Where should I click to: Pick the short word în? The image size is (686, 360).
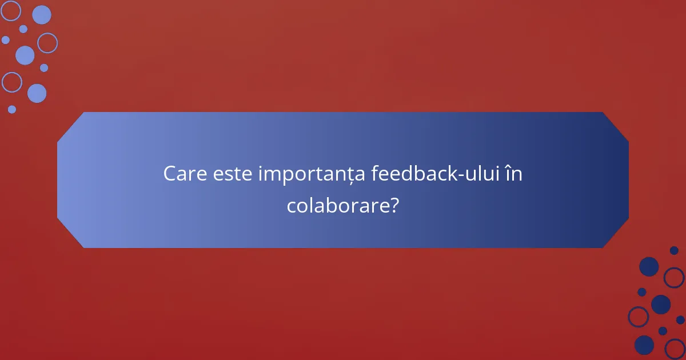tap(514, 174)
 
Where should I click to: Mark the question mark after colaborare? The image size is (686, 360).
tap(393, 206)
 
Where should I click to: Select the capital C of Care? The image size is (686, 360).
tap(170, 174)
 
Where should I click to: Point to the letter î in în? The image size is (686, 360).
tap(508, 174)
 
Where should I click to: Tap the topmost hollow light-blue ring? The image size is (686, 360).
tap(10, 10)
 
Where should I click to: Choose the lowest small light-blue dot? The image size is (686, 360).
tap(12, 109)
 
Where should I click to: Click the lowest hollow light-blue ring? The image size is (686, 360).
tap(11, 82)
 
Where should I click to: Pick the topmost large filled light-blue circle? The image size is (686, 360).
tap(41, 15)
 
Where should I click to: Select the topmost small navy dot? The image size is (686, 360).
tap(674, 250)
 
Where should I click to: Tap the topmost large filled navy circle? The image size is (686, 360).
tap(649, 266)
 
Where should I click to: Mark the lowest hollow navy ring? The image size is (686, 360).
tap(675, 348)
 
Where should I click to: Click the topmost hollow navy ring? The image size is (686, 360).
tap(674, 278)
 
